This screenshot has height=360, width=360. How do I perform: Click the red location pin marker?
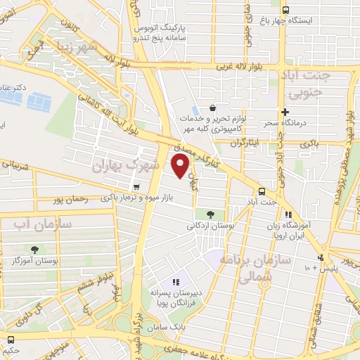181,166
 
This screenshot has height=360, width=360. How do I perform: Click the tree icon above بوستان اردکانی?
210,214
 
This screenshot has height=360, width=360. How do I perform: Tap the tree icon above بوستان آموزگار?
34,250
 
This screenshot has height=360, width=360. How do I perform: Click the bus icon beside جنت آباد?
262,191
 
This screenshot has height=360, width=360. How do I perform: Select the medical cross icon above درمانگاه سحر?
285,112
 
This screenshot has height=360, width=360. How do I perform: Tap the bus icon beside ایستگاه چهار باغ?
285,10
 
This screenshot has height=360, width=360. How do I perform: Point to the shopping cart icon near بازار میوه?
136,186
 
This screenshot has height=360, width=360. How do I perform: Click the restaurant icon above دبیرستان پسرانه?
176,282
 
